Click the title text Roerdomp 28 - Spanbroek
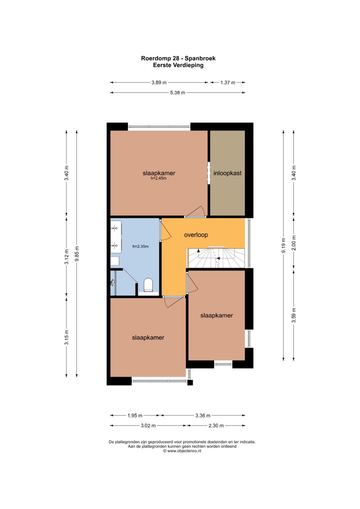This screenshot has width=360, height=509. point(178,58)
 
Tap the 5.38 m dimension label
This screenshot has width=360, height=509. point(177,93)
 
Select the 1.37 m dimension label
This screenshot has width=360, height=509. point(228,83)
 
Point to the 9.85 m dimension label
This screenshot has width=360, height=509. point(77,254)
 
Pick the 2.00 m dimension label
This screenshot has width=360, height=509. point(294,243)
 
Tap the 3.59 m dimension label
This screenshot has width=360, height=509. point(294,315)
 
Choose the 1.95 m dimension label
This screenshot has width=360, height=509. point(135,416)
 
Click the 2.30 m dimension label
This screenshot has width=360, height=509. point(216,426)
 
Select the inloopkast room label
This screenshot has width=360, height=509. point(227,173)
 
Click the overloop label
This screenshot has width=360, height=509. point(196,235)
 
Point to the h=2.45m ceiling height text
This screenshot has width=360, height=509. point(159,178)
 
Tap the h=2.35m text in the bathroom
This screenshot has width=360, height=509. point(140,246)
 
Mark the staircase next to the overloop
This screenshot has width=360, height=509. point(217,258)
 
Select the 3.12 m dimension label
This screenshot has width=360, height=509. point(66,257)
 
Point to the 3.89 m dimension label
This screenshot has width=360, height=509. point(159,83)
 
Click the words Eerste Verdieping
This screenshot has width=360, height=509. point(178,65)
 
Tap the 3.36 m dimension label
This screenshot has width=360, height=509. point(203,416)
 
